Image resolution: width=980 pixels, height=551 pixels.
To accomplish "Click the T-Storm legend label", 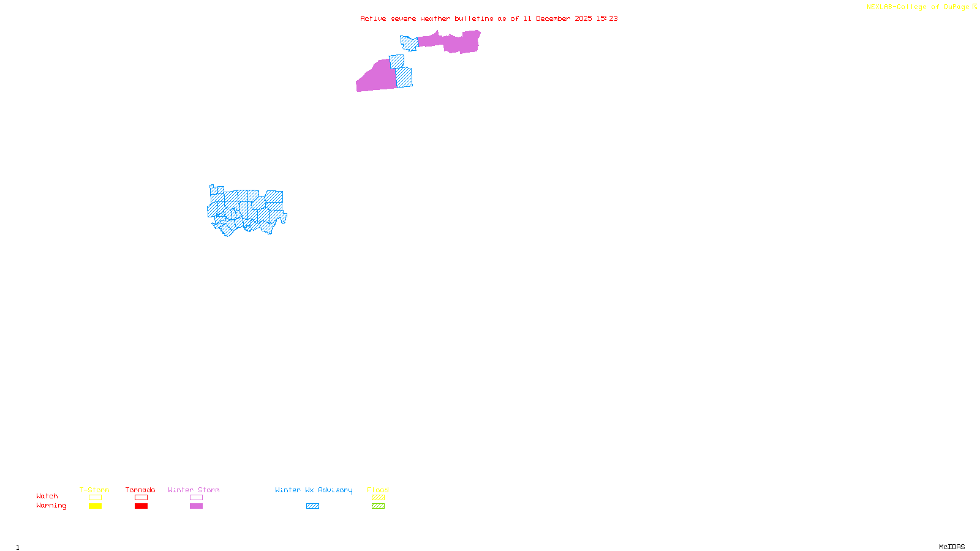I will tap(94, 490).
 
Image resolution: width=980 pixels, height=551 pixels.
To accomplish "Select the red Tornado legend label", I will tap(140, 490).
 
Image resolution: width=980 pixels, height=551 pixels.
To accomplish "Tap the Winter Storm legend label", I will tap(194, 490).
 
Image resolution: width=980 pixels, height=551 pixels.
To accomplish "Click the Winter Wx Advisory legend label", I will tap(314, 490).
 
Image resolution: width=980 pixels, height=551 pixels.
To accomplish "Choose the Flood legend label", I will tap(378, 490).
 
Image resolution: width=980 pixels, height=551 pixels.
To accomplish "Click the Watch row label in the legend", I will tap(47, 496).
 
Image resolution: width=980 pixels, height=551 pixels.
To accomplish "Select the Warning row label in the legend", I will tap(51, 506).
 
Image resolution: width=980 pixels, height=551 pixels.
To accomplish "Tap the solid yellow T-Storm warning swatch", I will tap(95, 506).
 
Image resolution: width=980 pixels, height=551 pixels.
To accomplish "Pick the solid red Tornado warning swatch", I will tap(141, 506).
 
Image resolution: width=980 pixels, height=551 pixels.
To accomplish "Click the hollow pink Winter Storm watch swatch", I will tap(196, 498).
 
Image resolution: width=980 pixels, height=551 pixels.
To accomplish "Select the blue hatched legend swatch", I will tap(312, 506).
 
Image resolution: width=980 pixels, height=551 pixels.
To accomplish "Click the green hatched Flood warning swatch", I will tap(378, 506).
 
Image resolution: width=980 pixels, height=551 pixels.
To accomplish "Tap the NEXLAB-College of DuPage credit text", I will tap(918, 7).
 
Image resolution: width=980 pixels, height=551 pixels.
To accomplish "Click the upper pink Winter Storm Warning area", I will tap(453, 42).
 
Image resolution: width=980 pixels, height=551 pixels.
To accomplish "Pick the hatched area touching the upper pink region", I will tap(409, 43).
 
